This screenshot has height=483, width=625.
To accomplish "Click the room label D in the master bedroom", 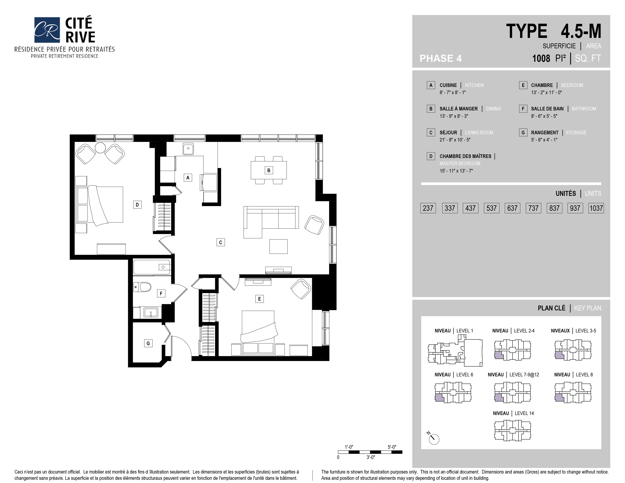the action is click(137, 205).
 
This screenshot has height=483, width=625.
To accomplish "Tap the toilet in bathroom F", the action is click(142, 287).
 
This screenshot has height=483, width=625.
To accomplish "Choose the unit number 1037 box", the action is click(596, 208).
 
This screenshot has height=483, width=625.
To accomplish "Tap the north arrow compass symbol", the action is click(434, 438).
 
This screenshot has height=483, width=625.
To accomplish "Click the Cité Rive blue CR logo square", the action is click(47, 30).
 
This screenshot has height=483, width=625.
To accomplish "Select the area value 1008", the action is click(541, 58).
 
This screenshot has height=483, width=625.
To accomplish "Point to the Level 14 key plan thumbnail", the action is click(512, 430).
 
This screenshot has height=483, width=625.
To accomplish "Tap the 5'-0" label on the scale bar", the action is click(392, 447).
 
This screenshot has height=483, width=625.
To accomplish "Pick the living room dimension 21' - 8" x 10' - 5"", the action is click(455, 140).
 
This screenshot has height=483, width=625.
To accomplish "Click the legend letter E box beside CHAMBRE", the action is click(523, 85).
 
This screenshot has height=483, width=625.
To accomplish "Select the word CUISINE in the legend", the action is click(448, 85).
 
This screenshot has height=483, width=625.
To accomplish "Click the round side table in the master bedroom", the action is click(100, 148).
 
